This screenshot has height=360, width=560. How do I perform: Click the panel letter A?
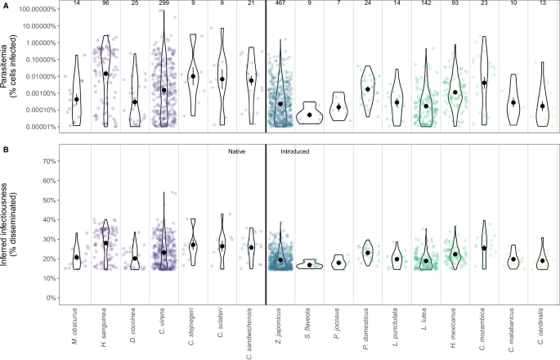(6, 5)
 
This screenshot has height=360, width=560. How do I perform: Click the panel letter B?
(6, 148)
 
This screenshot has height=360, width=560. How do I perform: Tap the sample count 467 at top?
(280, 6)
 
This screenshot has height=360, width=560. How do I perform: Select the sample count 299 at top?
(164, 6)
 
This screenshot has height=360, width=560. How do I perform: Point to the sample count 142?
(426, 6)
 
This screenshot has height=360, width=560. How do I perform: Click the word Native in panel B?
(238, 151)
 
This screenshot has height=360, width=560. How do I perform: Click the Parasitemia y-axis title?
(11, 68)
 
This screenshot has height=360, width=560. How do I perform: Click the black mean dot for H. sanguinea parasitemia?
(105, 74)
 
